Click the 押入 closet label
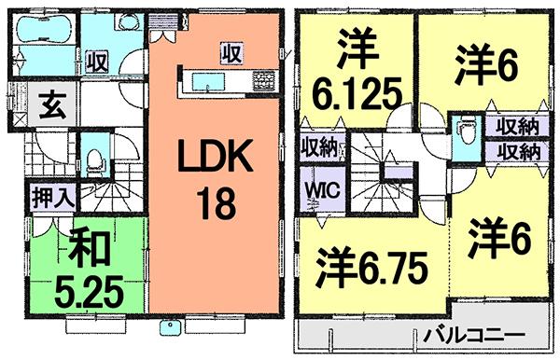click(x=48, y=198)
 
